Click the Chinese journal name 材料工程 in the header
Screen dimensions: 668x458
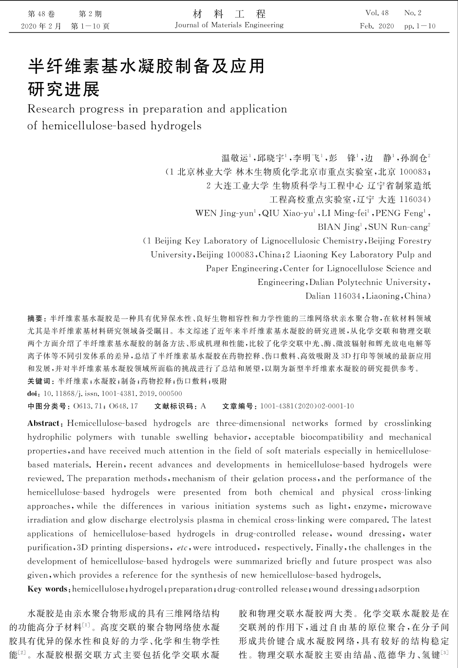coord(229,14)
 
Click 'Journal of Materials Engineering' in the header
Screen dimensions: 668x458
coord(229,25)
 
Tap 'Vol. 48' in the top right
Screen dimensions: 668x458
coord(377,13)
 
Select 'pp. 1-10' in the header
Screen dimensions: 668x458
coord(420,26)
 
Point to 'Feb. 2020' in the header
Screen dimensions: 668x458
coord(377,26)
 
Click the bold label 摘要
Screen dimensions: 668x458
coord(35,319)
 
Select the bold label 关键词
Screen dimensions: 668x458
coord(38,381)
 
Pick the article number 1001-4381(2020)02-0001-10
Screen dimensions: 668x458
coord(307,406)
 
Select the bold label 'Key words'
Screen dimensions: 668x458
coord(48,589)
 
